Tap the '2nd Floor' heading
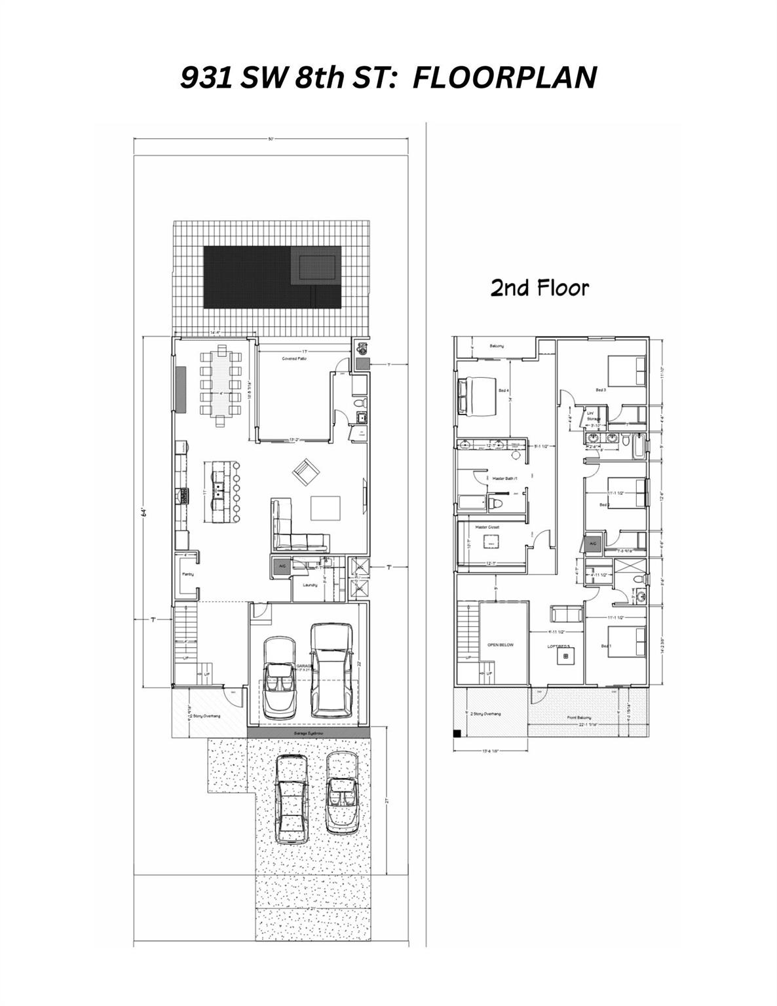tap(540, 288)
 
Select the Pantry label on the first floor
tap(187, 574)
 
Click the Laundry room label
tap(311, 584)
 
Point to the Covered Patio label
tap(294, 359)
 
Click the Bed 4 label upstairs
tap(503, 390)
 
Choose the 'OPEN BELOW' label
tap(501, 644)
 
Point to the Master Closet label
tap(488, 526)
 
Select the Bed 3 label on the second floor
tap(600, 390)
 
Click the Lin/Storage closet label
tap(593, 416)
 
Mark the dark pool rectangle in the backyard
tap(248, 277)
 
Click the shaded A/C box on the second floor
tap(593, 543)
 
